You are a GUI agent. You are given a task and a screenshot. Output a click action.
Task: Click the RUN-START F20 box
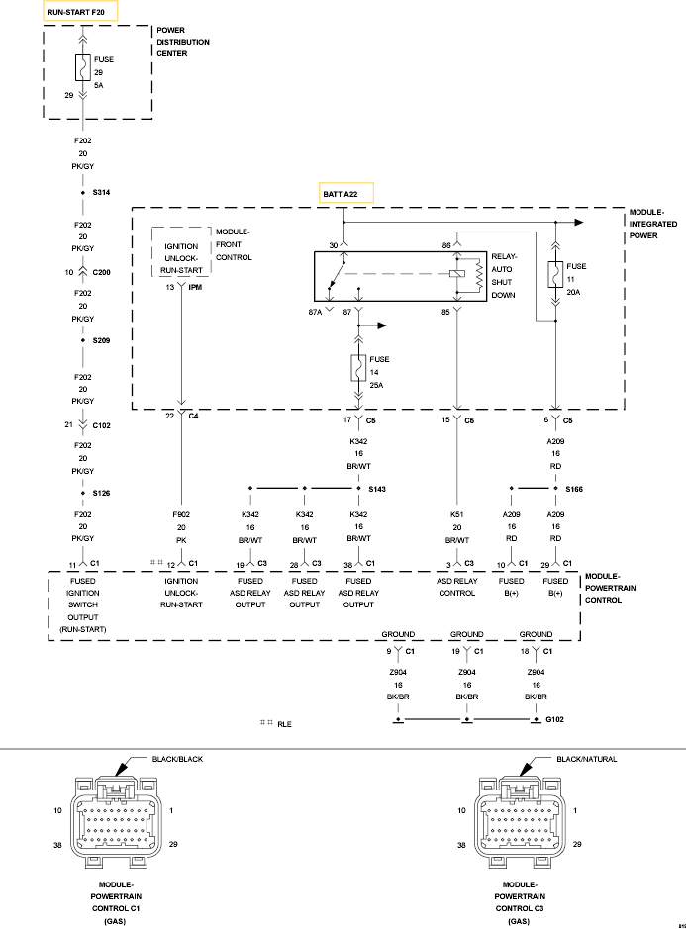[81, 12]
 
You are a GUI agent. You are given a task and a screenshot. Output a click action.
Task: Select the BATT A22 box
[345, 194]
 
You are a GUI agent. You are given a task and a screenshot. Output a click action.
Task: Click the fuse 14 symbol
[358, 368]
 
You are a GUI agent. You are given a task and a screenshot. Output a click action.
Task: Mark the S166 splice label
[575, 489]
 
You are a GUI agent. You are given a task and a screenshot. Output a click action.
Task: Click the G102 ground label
[556, 719]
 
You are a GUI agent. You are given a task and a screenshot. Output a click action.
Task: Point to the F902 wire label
[180, 515]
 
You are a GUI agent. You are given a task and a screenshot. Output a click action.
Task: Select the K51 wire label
[456, 515]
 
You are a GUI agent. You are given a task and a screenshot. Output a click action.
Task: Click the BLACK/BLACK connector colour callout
[178, 759]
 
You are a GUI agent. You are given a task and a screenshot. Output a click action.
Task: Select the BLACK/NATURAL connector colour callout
[586, 759]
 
